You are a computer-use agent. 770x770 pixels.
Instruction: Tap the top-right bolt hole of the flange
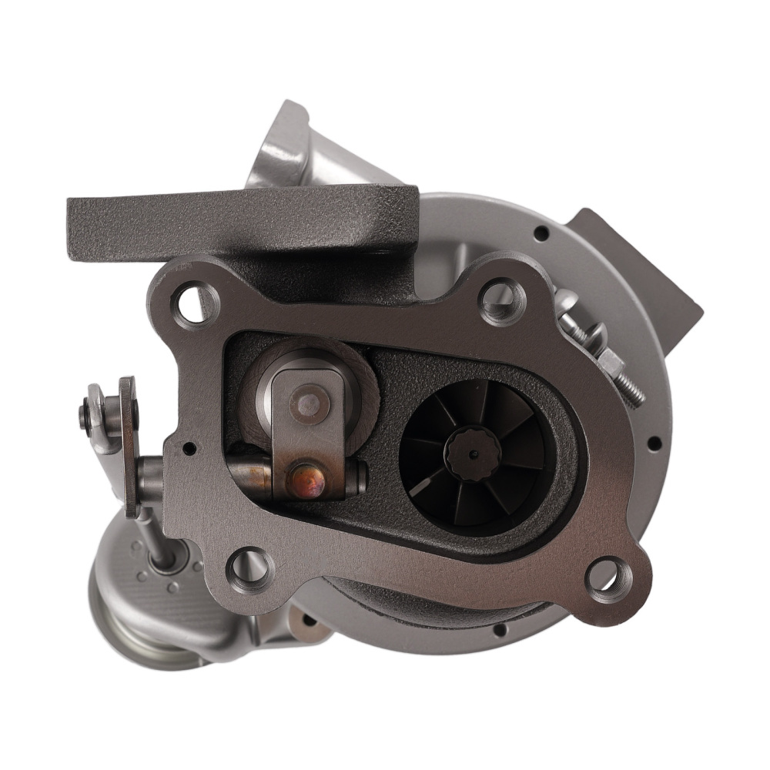(x=501, y=298)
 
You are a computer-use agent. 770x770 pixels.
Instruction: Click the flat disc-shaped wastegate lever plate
(x=129, y=447)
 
